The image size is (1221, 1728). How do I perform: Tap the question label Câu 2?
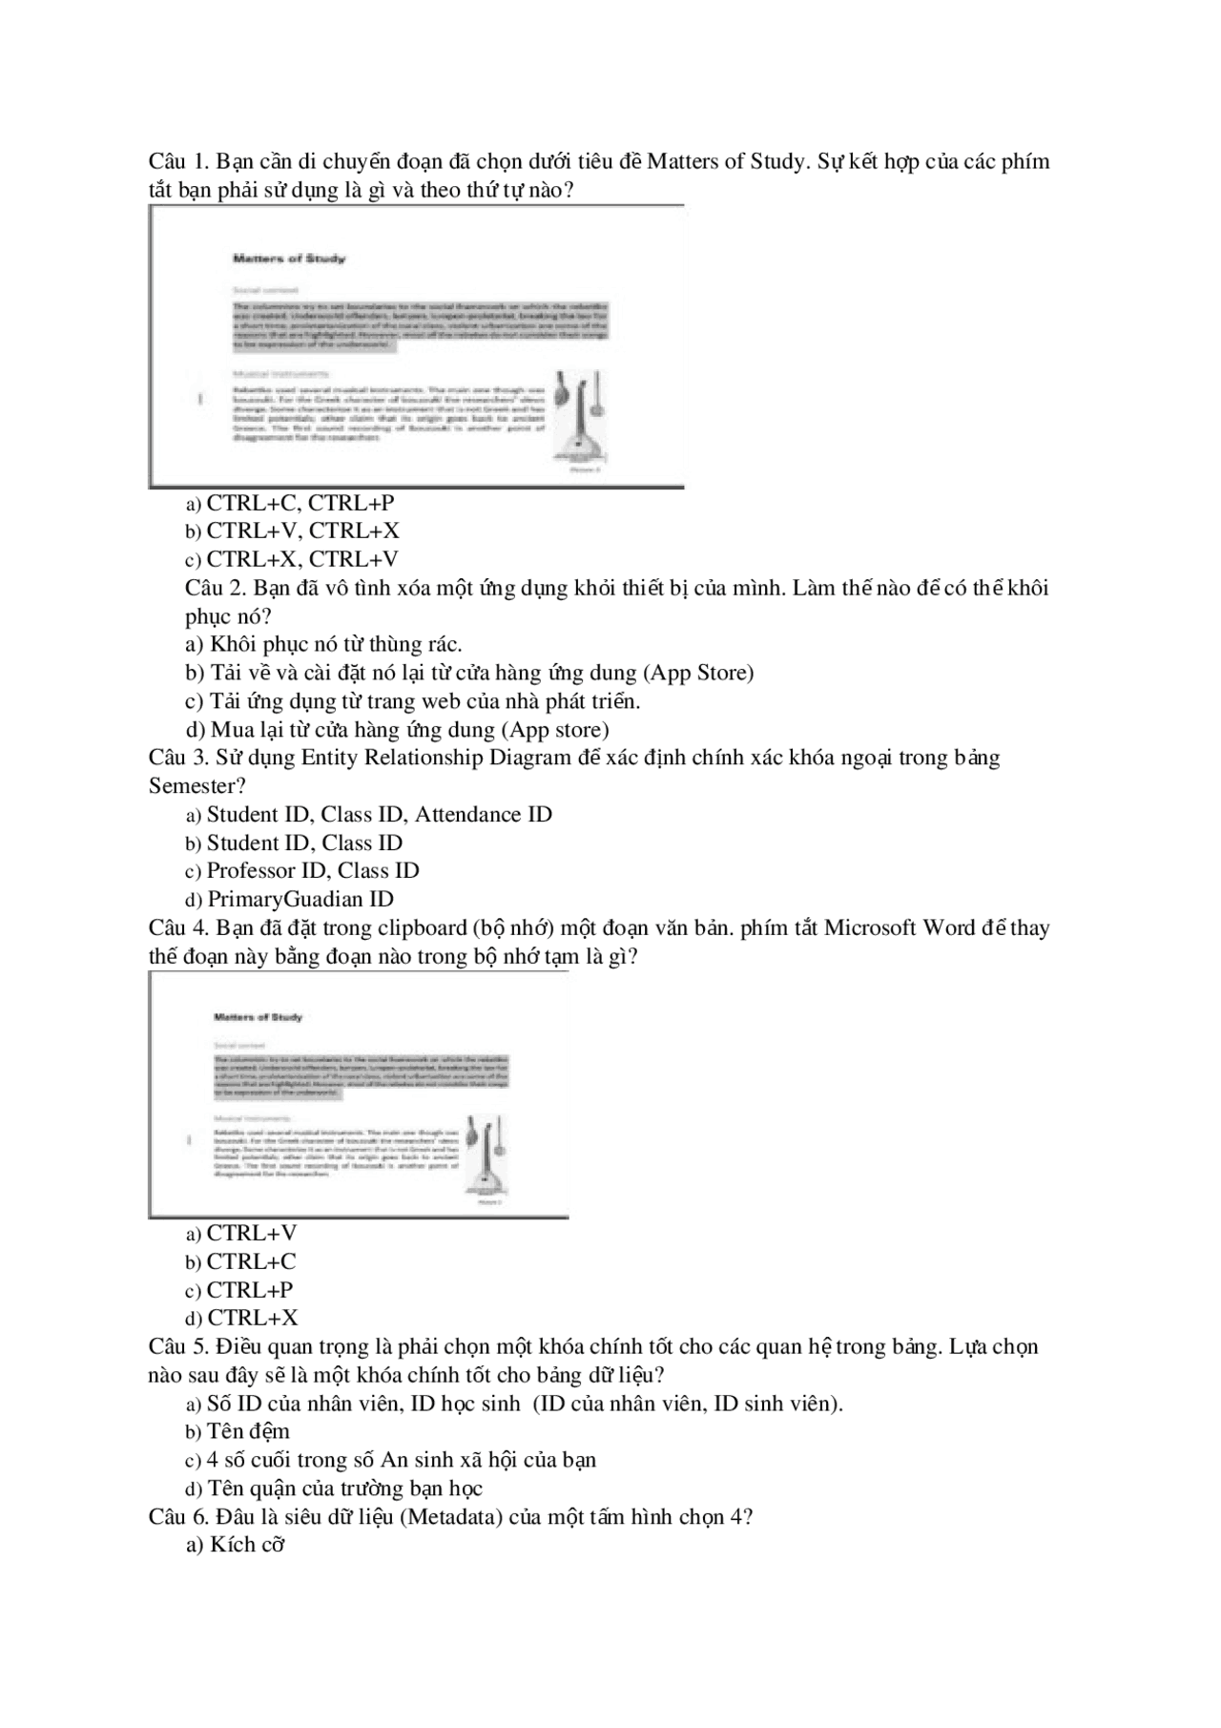216,588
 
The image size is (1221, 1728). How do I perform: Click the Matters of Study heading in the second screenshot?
258,1017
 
